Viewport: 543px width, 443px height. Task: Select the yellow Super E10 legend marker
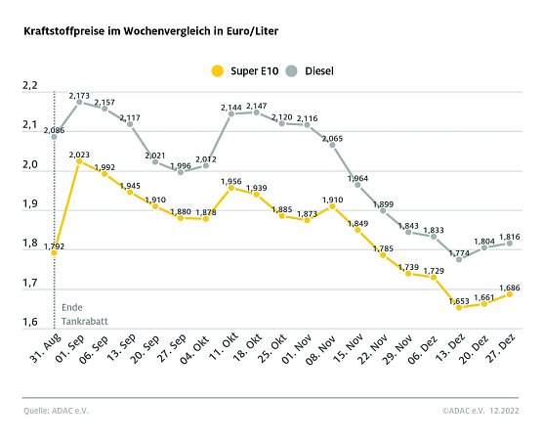[x=217, y=69]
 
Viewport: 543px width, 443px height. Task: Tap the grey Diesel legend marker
[x=292, y=69]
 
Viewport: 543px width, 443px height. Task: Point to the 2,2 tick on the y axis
[x=29, y=86]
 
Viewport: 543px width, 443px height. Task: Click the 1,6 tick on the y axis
[x=29, y=323]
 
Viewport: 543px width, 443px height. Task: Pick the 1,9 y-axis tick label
[x=29, y=204]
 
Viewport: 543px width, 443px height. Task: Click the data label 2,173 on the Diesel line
[x=80, y=96]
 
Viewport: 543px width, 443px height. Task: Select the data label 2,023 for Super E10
[x=80, y=155]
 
